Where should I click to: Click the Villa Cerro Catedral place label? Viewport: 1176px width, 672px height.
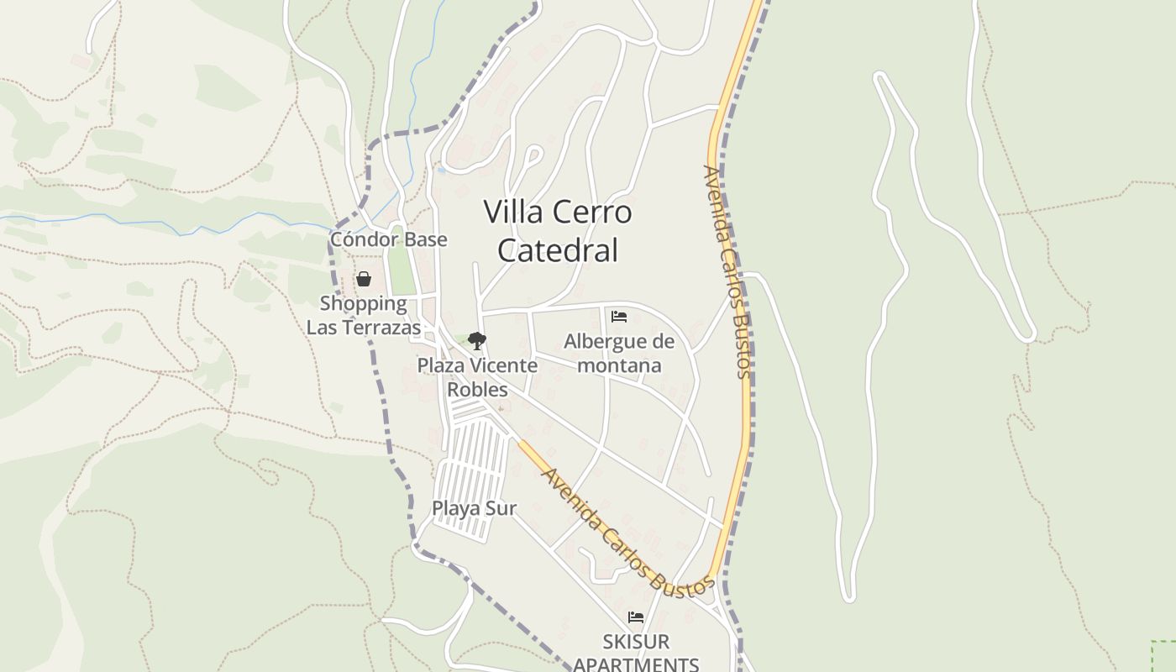pyautogui.click(x=558, y=231)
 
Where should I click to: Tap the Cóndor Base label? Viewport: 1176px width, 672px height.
pyautogui.click(x=388, y=239)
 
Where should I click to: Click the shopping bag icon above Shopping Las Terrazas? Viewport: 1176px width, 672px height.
pyautogui.click(x=364, y=279)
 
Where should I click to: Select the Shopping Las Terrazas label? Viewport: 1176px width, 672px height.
pyautogui.click(x=364, y=315)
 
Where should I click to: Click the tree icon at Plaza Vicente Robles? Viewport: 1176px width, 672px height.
pyautogui.click(x=477, y=340)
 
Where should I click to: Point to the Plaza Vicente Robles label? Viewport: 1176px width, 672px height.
pyautogui.click(x=477, y=377)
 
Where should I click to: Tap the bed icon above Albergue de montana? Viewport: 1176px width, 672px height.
pyautogui.click(x=619, y=317)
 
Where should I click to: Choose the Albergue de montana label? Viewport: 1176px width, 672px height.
pyautogui.click(x=619, y=354)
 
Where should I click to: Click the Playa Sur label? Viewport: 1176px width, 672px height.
pyautogui.click(x=474, y=508)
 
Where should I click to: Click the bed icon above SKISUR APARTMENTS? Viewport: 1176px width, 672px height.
pyautogui.click(x=636, y=617)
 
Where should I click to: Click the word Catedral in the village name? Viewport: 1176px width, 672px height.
pyautogui.click(x=558, y=250)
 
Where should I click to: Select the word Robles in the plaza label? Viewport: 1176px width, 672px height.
pyautogui.click(x=477, y=390)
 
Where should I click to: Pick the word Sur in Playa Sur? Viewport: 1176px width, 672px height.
pyautogui.click(x=501, y=508)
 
